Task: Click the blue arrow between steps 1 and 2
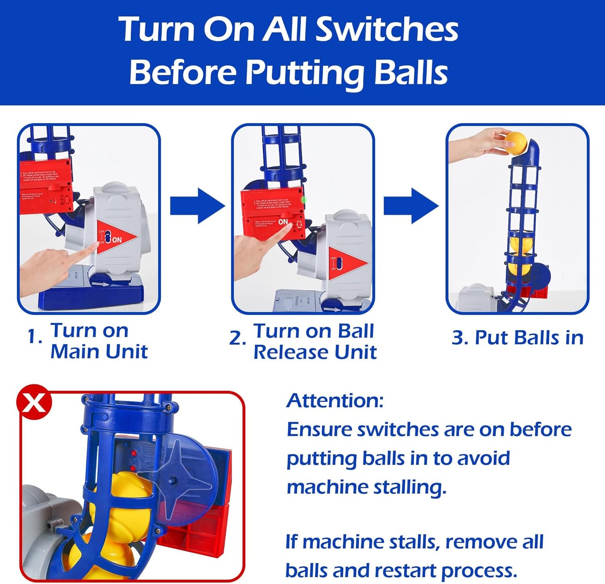click(x=197, y=206)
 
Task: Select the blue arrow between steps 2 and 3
click(x=411, y=206)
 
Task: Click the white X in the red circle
click(x=34, y=403)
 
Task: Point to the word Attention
click(x=335, y=401)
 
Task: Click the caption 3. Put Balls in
click(x=517, y=338)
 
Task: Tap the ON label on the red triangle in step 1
click(x=117, y=240)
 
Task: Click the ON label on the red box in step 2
click(x=283, y=222)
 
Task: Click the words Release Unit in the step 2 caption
click(x=315, y=352)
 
